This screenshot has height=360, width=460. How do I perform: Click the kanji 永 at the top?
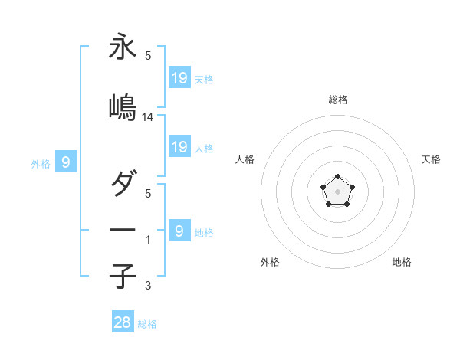[123, 47]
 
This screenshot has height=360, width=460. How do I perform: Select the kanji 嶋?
[123, 107]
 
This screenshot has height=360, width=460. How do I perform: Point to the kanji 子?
[123, 276]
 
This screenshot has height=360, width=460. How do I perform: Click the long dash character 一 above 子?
[123, 229]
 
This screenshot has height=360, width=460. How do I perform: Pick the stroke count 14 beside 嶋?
[148, 117]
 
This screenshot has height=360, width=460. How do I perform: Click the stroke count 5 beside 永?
[147, 56]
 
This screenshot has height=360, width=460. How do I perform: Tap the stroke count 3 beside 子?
[147, 286]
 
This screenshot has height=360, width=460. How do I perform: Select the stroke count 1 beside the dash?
[147, 240]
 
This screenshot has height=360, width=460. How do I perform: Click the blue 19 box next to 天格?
[179, 78]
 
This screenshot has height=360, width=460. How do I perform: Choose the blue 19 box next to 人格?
[179, 147]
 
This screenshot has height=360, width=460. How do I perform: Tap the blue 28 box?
[123, 322]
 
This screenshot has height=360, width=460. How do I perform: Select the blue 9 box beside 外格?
[66, 162]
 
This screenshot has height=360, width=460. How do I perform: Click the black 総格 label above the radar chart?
[338, 100]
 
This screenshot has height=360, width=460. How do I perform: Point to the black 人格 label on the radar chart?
[245, 159]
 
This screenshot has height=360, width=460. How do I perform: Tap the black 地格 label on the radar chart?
[402, 263]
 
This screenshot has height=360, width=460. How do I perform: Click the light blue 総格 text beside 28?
[147, 324]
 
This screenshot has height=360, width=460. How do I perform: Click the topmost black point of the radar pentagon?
[337, 177]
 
